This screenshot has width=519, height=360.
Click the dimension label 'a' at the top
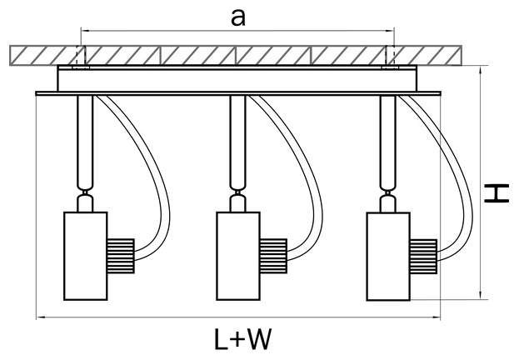pos(238,19)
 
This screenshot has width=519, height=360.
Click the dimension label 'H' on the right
pos(498,194)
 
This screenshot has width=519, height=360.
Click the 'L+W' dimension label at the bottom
pos(242,340)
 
